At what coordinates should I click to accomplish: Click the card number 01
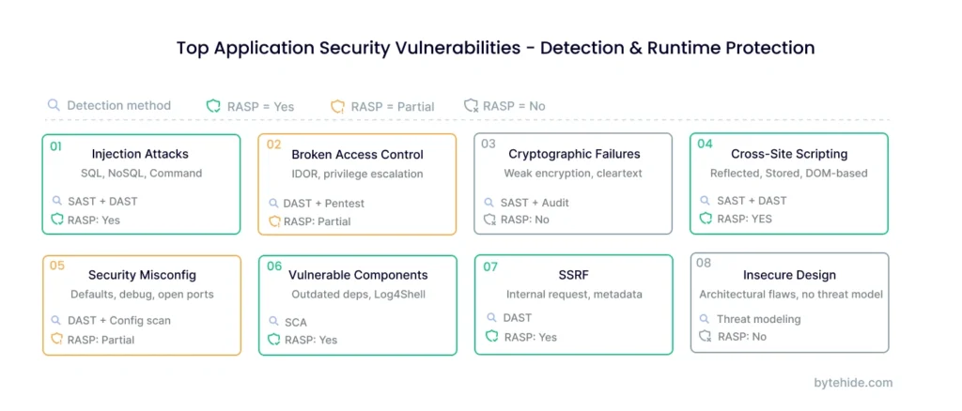click(55, 146)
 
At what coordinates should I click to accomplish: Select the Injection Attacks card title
click(140, 154)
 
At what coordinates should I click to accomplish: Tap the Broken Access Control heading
click(357, 155)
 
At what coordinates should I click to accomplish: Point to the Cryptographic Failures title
click(574, 154)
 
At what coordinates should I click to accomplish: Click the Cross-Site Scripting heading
click(789, 154)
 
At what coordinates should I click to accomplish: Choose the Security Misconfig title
click(142, 275)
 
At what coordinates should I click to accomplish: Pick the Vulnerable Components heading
click(357, 275)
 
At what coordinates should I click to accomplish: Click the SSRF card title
click(574, 275)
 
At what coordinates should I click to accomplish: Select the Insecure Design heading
click(789, 275)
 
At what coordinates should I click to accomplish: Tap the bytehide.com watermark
click(853, 383)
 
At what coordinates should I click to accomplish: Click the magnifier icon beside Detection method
click(54, 105)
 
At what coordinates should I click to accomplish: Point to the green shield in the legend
click(213, 106)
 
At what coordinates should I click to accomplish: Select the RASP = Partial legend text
click(392, 106)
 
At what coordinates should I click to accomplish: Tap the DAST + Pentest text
click(323, 203)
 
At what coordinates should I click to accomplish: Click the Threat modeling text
click(758, 319)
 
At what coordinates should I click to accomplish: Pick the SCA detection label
click(296, 322)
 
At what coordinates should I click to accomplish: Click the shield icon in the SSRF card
click(491, 337)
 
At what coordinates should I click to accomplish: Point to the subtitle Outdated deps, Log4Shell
click(357, 294)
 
